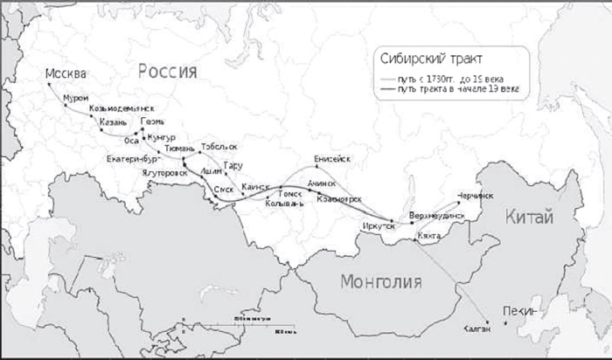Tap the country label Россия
[x=166, y=71]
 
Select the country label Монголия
[x=381, y=281]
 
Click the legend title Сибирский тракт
[x=444, y=59]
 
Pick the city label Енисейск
[x=332, y=159]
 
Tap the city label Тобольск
[x=219, y=147]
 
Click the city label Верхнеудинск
[x=437, y=215]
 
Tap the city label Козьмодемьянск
[x=127, y=108]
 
